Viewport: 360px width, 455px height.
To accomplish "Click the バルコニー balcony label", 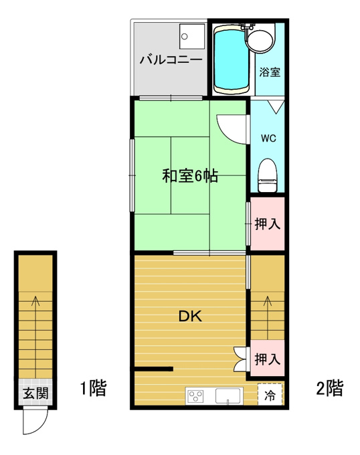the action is tap(171, 60).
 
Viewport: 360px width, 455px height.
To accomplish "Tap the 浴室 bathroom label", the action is tap(270, 72).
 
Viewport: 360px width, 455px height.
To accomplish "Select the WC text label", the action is tap(268, 139).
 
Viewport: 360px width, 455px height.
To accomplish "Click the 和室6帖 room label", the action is tap(190, 175).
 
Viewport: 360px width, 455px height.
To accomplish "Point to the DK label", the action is tap(190, 316).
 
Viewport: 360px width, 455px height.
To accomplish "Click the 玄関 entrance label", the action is tap(35, 393).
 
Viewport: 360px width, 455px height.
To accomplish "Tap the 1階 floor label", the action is tap(94, 388).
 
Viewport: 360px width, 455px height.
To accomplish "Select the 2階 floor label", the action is tap(329, 388).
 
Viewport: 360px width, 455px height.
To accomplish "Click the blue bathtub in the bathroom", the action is tap(232, 60).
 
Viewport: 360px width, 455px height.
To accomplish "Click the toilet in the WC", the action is tap(268, 175).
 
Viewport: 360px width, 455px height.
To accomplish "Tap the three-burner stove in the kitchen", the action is tap(196, 396).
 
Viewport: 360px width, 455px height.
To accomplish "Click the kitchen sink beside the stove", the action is tap(228, 396).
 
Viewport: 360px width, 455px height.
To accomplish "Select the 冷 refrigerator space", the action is tap(270, 394).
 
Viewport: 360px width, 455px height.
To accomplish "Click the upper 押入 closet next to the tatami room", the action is tap(267, 223).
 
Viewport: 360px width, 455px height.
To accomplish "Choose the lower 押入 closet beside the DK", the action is tap(267, 359).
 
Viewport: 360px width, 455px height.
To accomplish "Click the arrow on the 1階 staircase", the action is tap(35, 337).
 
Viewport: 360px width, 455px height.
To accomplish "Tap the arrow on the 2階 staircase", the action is tap(267, 318).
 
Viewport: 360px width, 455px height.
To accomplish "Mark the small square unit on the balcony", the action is tap(192, 36).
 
